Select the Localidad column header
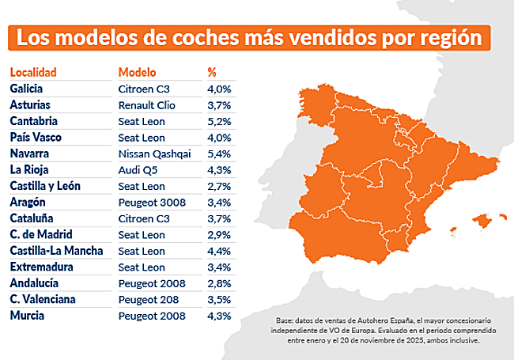pyautogui.click(x=33, y=72)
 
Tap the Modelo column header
pyautogui.click(x=137, y=72)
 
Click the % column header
pyautogui.click(x=212, y=72)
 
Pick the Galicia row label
pyautogui.click(x=27, y=89)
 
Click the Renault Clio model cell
pyautogui.click(x=146, y=105)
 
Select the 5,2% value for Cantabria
pyautogui.click(x=218, y=122)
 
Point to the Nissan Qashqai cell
pyautogui.click(x=154, y=154)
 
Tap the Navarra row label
pyautogui.click(x=29, y=154)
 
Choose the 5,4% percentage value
pyautogui.click(x=218, y=154)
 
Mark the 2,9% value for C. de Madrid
pyautogui.click(x=218, y=236)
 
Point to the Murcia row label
pyautogui.click(x=27, y=316)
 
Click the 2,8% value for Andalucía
pyautogui.click(x=218, y=284)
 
